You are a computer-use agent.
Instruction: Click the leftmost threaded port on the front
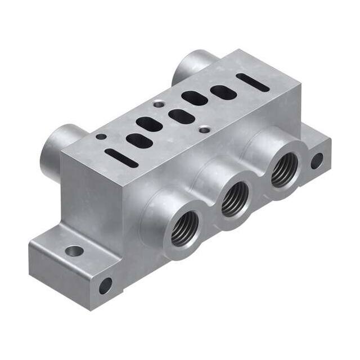coord(183,228)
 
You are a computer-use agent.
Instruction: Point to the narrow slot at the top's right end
coord(253,82)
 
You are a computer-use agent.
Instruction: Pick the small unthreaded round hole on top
coord(100,136)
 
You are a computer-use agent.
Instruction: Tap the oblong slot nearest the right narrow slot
coord(223,92)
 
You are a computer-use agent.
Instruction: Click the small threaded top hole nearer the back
coord(159,103)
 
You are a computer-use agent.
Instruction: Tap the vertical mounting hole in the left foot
coord(74,250)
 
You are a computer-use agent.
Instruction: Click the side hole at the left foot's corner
coord(105,286)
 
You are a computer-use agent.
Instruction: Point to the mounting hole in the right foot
coord(317,161)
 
